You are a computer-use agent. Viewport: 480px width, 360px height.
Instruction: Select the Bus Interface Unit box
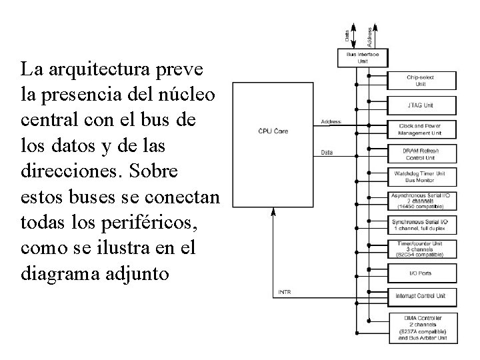363,58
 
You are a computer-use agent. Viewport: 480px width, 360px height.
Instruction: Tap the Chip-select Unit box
421,81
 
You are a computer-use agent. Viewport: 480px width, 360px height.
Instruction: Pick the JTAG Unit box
421,105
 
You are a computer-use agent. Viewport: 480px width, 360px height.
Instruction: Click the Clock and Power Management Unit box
421,129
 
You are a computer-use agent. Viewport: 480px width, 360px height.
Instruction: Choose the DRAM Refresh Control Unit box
421,154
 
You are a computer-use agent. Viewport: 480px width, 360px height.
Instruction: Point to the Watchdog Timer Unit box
421,177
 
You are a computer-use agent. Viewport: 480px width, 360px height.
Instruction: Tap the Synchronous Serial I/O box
421,225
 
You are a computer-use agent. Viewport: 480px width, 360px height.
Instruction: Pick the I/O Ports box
421,273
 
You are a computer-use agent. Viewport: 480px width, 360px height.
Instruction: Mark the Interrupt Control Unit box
421,295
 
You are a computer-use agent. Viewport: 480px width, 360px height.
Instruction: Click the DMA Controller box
421,327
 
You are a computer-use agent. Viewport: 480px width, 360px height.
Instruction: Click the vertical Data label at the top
347,32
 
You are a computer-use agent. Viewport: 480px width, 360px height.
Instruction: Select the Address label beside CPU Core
331,122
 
